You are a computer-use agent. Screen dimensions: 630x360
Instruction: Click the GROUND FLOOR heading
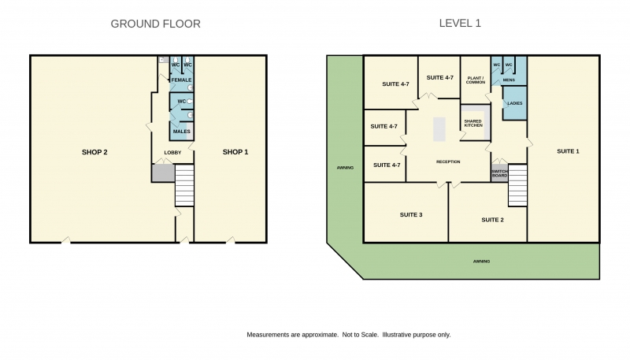(x=155, y=24)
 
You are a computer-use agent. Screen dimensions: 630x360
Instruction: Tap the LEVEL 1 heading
(x=460, y=24)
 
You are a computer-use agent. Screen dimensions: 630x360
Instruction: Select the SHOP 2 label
(x=94, y=152)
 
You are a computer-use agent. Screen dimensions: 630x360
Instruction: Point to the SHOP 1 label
(x=235, y=152)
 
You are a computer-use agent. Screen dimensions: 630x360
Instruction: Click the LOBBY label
(x=172, y=153)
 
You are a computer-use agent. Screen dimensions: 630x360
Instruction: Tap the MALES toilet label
(x=182, y=132)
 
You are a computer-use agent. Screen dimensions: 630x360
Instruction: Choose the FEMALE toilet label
(x=182, y=80)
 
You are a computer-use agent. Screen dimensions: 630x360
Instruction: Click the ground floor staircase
(x=184, y=185)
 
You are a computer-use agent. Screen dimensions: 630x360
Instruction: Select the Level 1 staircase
(x=517, y=185)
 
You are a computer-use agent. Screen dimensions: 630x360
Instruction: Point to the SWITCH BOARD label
(x=499, y=173)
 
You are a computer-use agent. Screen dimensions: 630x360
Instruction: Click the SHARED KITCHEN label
(x=473, y=124)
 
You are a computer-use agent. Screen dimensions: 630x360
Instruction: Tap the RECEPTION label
(x=448, y=162)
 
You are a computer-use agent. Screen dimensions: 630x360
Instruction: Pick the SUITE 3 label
(x=411, y=215)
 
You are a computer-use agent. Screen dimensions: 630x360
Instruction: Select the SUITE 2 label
(x=493, y=220)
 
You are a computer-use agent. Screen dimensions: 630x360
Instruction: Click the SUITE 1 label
(x=568, y=151)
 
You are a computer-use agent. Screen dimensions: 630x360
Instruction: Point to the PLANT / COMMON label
(x=476, y=80)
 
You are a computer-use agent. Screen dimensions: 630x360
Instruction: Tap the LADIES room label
(x=515, y=103)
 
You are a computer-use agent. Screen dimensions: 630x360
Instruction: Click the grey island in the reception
(x=439, y=129)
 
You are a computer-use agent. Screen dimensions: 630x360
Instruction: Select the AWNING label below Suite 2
(x=481, y=262)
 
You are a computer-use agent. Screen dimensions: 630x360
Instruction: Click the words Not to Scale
(x=361, y=335)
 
